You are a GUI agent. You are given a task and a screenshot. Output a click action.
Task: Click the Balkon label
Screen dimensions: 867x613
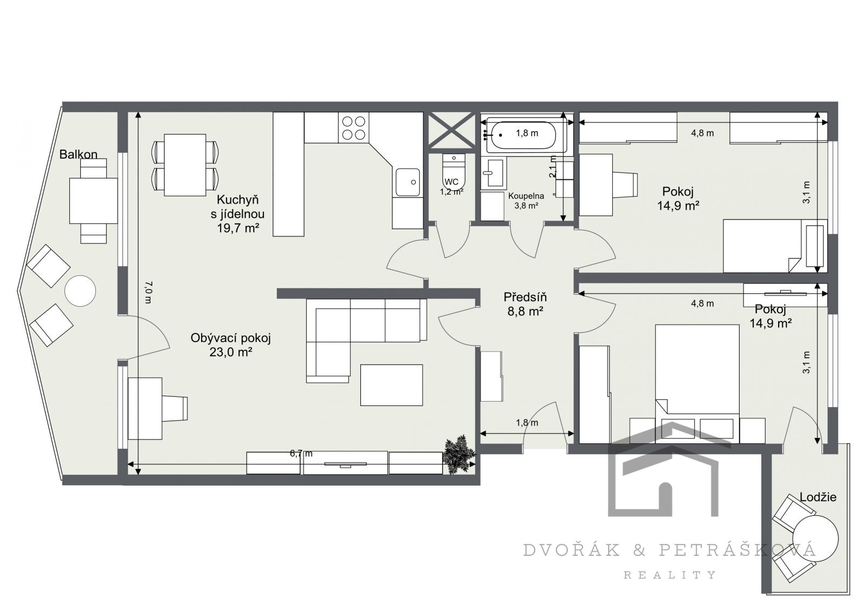tap(78, 154)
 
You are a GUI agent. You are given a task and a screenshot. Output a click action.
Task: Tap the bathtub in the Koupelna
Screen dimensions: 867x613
tap(526, 135)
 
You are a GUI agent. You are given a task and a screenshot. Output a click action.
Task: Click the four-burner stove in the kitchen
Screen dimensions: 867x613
tap(354, 128)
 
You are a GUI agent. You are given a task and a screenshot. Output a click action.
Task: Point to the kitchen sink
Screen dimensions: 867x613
tap(407, 183)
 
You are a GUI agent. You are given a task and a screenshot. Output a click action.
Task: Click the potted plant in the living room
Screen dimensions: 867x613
tap(460, 454)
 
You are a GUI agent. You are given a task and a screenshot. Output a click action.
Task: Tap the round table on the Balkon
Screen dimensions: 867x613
tap(80, 291)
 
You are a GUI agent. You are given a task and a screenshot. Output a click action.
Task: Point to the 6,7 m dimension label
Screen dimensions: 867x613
tap(301, 454)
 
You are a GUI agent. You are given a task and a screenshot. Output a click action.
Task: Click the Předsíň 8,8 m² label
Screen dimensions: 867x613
tap(525, 304)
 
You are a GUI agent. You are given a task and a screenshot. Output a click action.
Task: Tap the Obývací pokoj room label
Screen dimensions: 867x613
tap(231, 338)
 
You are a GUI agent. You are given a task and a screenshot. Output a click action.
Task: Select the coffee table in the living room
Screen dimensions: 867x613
tap(391, 385)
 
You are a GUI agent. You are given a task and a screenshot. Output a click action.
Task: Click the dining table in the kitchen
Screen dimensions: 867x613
tap(185, 165)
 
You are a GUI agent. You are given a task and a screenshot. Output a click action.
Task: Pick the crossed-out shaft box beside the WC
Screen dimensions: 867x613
tap(452, 130)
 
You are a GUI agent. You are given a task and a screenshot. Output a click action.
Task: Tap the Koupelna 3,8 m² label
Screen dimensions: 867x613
tap(526, 201)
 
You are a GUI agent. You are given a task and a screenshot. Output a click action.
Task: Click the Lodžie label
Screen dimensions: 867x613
tap(818, 497)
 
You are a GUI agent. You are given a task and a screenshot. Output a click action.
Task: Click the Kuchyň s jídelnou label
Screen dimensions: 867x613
tap(238, 214)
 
